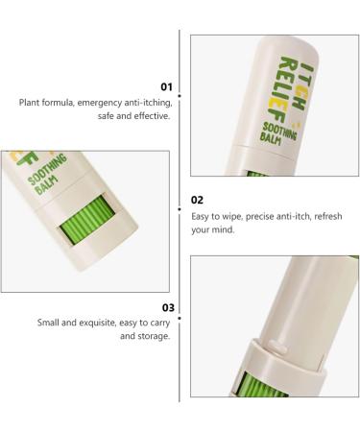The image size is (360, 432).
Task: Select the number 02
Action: (197, 202)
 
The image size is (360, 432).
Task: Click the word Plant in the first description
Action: (30, 102)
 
